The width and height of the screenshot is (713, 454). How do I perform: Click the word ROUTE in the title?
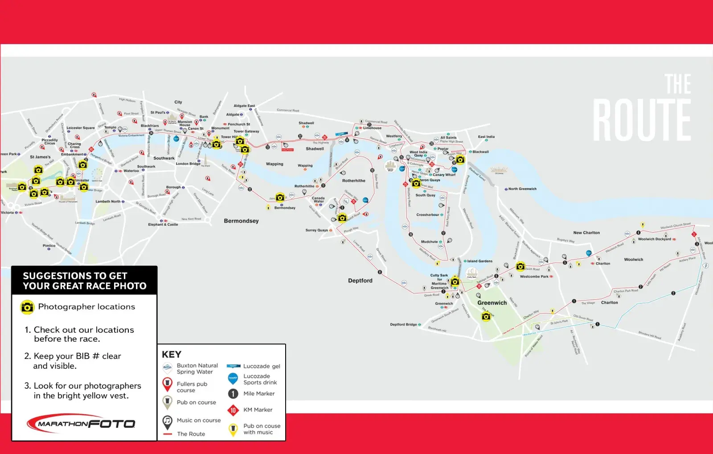(642, 120)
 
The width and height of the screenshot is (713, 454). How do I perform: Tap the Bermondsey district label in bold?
(241, 221)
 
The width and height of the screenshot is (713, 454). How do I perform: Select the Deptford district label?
(360, 281)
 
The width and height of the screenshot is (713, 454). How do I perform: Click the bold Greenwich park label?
(492, 303)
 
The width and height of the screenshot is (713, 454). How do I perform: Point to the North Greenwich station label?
(522, 189)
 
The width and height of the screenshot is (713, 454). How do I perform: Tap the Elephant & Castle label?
(163, 224)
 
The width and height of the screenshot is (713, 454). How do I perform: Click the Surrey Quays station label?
(317, 231)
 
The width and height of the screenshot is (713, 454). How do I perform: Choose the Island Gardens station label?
(479, 261)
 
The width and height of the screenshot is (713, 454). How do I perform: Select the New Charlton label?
(586, 233)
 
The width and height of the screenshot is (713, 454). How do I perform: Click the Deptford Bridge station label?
(403, 325)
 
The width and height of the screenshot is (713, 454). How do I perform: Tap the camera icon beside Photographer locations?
(27, 307)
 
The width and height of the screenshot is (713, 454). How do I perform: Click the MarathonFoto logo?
(81, 424)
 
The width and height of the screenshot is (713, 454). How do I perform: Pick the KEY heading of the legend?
(172, 355)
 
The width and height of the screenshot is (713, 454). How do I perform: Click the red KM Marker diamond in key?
(233, 410)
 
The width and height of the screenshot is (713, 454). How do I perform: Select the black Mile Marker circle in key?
(233, 394)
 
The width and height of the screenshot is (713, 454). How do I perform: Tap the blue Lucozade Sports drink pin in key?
(233, 379)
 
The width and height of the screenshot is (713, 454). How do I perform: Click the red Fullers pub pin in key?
(167, 384)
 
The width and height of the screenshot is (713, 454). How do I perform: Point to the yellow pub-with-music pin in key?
(233, 429)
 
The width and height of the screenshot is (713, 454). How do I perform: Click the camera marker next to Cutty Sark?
(455, 282)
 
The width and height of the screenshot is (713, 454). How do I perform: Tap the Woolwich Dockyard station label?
(654, 239)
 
